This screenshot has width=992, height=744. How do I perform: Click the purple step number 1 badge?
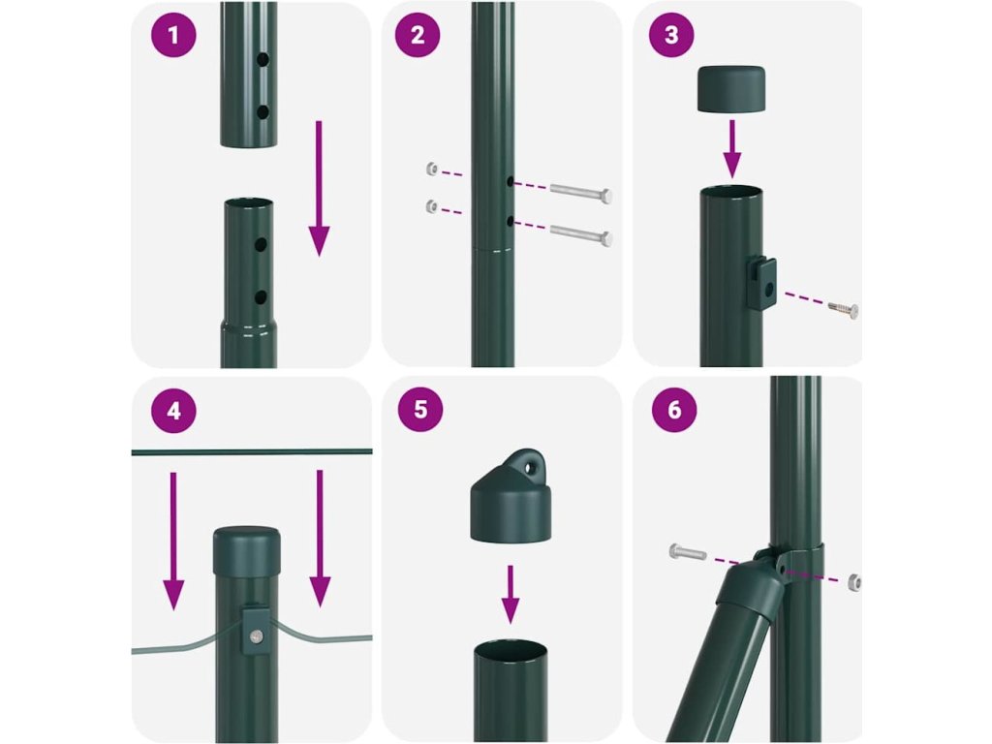pos(173,35)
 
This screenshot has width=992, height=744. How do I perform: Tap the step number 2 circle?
pos(418,35)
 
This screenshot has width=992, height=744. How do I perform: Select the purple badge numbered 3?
pos(671,35)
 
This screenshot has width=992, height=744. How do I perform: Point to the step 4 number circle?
pos(173,411)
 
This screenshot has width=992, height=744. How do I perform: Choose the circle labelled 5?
pos(420,410)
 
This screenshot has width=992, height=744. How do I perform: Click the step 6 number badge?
pos(674,410)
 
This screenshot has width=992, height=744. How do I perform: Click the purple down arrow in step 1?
pos(319,188)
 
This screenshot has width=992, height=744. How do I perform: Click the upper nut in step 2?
pos(432,169)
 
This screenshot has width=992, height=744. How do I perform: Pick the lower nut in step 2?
pos(432,206)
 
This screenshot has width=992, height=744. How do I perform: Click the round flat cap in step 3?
pos(730,89)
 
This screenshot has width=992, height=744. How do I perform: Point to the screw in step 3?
pos(844,309)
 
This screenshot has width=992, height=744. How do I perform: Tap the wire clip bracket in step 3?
pos(760,282)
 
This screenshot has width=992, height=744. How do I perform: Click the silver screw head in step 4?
pos(256,636)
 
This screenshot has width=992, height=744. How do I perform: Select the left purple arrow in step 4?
pos(173,541)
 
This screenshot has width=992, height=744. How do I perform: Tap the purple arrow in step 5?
pos(511,594)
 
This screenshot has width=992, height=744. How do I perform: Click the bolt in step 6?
pos(688,552)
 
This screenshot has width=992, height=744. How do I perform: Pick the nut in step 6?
pos(852,582)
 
